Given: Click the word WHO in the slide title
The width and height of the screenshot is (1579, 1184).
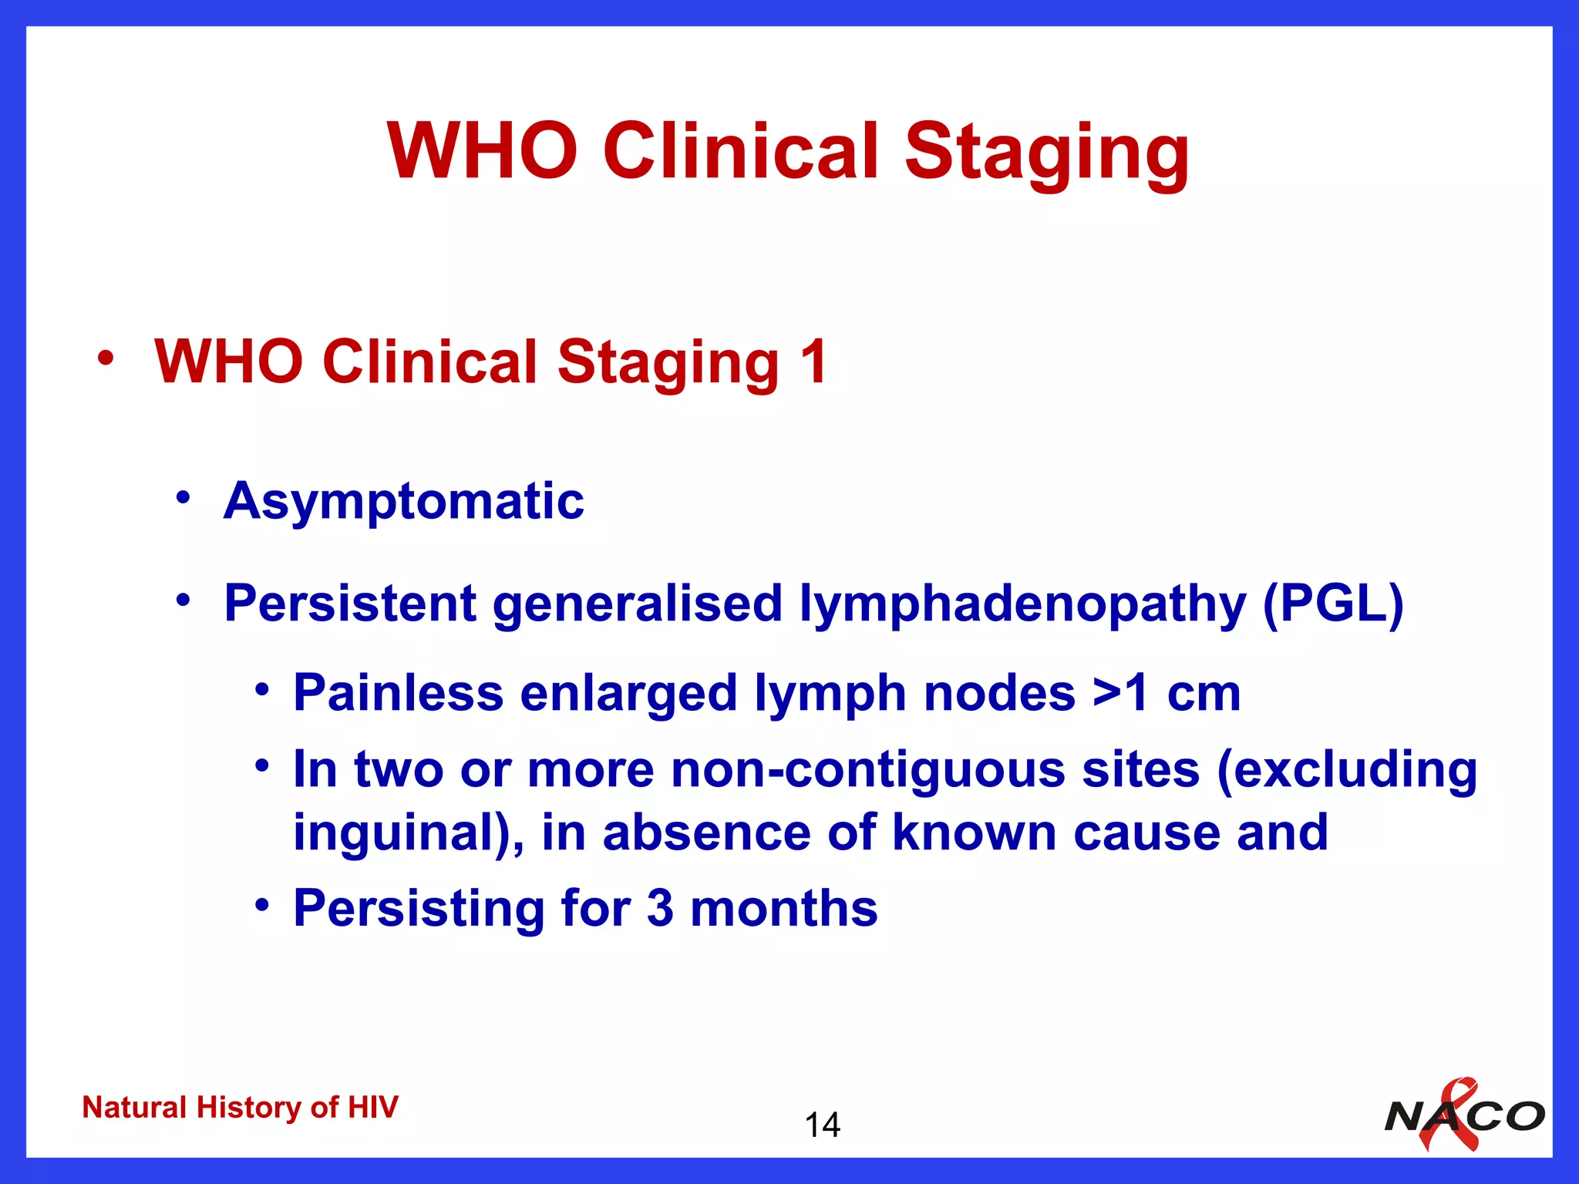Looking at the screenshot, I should tap(483, 152).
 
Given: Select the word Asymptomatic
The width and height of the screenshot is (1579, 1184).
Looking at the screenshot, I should tap(404, 501).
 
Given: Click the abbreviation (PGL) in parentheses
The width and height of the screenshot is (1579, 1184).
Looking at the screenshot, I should tap(1332, 603).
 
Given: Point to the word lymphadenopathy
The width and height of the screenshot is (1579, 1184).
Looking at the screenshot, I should tap(1022, 604).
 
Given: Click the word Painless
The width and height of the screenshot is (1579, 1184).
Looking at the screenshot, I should tap(398, 692).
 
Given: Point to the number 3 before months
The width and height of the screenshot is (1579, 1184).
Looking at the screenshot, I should tap(660, 908).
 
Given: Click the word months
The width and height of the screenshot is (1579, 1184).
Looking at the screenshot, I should tap(783, 908).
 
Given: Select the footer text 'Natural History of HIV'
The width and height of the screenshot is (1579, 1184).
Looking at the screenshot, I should tap(240, 1108).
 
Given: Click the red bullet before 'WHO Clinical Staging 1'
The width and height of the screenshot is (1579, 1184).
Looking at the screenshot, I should tap(106, 358).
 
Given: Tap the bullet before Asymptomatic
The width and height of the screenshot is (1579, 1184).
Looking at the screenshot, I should tap(182, 497).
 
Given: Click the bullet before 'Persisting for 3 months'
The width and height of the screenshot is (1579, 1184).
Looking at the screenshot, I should tap(262, 903).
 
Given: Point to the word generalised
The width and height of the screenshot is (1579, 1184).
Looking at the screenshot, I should tap(638, 603).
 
